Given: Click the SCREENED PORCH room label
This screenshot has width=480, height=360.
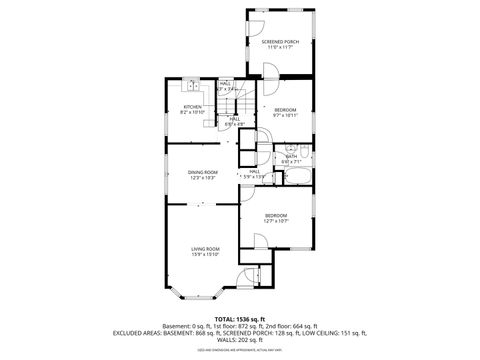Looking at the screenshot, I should click(x=281, y=41).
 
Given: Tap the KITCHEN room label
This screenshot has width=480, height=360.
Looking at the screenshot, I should click(x=192, y=106).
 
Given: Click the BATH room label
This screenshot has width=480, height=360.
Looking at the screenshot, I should click(x=292, y=156).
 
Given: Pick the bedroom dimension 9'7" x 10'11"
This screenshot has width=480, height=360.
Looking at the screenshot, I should click(x=285, y=114).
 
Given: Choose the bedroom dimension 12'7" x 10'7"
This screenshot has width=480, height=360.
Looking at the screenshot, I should click(x=276, y=221).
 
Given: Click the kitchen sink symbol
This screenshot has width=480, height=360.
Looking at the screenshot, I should click(x=189, y=89).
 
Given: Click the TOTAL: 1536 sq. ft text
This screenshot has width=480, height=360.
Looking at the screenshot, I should click(x=240, y=318).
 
